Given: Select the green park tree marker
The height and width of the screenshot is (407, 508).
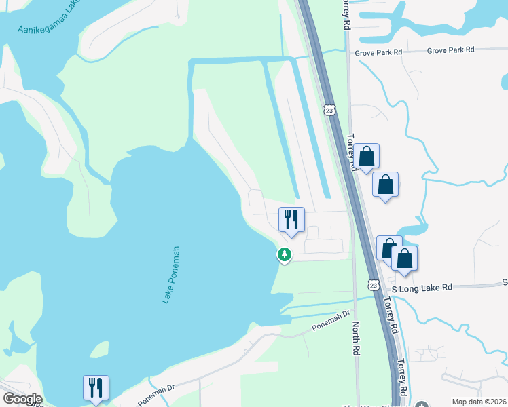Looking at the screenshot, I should tap(283, 255).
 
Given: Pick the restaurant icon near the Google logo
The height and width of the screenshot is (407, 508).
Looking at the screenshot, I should tap(96, 388).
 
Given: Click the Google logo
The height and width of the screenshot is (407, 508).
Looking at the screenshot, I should tap(22, 399).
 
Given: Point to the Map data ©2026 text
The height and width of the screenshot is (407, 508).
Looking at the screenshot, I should tap(479, 402).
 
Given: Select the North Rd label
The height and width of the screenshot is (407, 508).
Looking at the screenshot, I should tap(355, 338).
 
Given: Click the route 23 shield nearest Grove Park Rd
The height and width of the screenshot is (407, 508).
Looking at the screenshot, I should tap(330, 110).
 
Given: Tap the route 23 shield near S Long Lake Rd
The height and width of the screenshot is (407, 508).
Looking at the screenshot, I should tap(374, 284).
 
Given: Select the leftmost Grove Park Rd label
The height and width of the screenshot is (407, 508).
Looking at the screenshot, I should tap(378, 52).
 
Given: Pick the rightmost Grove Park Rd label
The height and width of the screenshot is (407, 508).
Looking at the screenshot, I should tap(450, 50).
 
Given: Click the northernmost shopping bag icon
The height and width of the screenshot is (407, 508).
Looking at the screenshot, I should tap(367, 157).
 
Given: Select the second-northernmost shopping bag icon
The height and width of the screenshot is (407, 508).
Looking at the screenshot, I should tap(386, 185).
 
